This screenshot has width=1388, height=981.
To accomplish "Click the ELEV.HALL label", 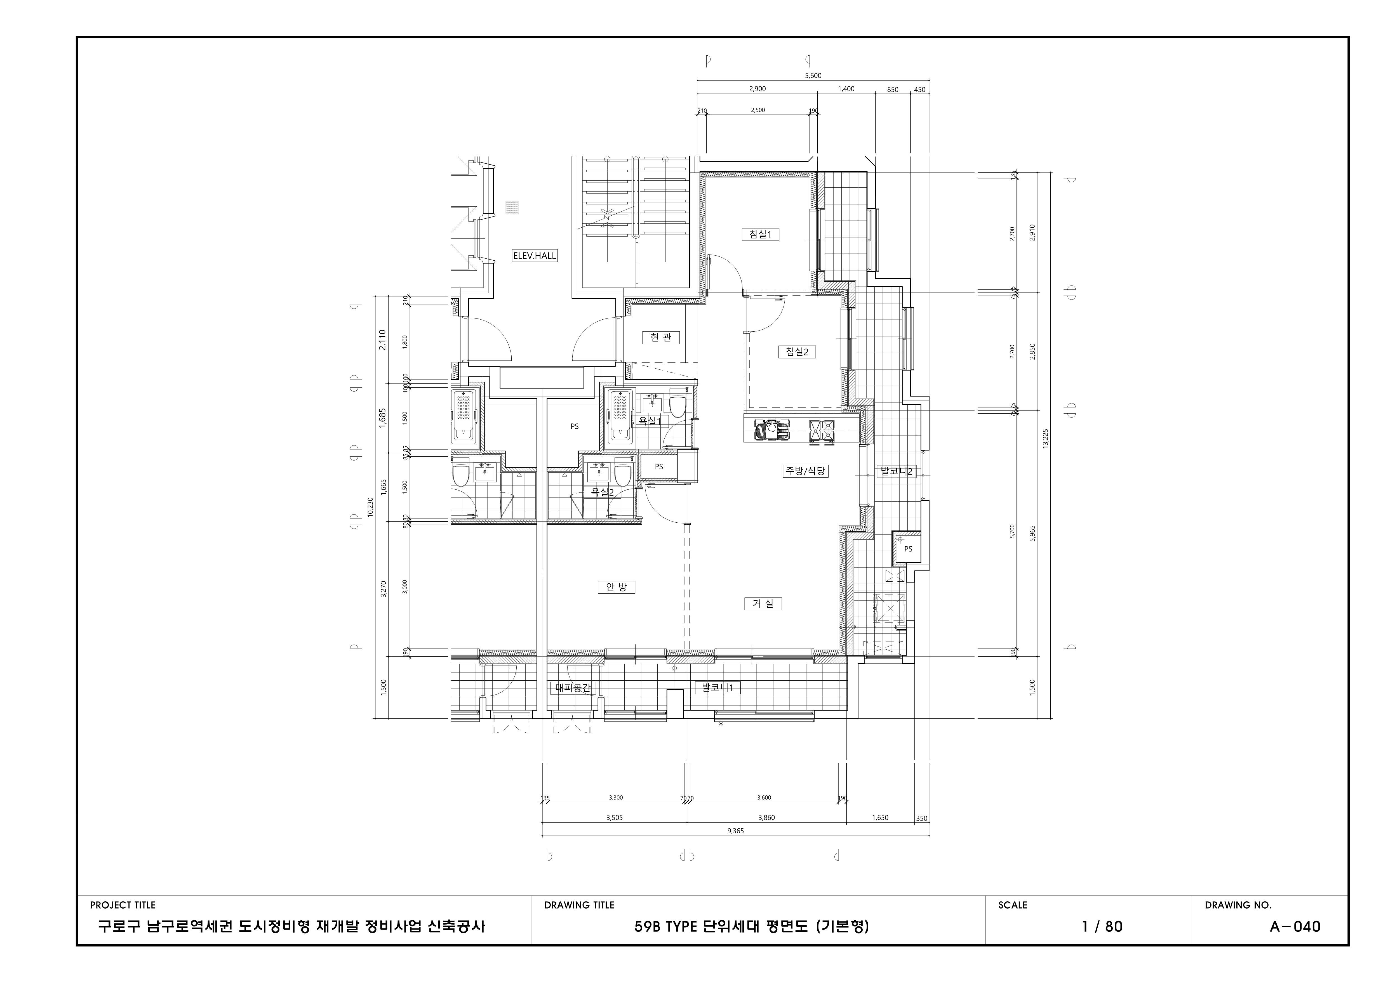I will click(x=534, y=256).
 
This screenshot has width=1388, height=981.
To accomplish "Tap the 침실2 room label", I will click(x=797, y=352).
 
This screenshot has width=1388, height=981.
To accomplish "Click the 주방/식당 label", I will click(x=805, y=471).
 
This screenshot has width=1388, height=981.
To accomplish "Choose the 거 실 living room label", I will click(x=763, y=603).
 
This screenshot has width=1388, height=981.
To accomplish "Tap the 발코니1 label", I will click(x=717, y=687).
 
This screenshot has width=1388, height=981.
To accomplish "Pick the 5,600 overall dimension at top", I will click(x=813, y=76).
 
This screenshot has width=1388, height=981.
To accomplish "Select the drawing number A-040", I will click(x=1295, y=926).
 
